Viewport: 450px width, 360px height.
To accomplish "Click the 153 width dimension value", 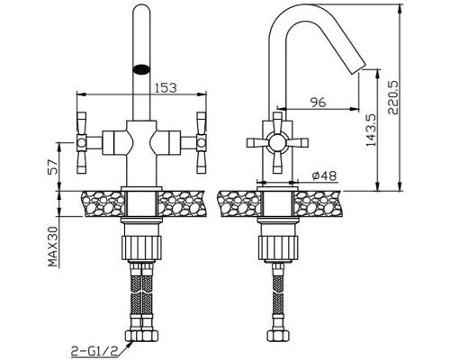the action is tap(166, 87).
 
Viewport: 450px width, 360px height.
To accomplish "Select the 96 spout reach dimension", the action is tap(318, 103).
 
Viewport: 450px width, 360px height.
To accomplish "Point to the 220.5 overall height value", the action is tap(392, 97).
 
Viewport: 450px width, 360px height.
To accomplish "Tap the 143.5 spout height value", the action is tap(371, 130).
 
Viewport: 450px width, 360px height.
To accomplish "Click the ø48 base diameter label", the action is tap(324, 176).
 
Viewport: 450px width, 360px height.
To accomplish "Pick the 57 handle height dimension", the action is tap(52, 166).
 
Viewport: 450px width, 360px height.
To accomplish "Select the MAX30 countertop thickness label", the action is tap(53, 247).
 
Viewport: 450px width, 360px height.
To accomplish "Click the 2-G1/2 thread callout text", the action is tap(93, 350).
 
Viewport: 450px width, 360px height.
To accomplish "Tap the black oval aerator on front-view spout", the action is tap(141, 69).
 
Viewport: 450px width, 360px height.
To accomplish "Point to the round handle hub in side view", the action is tap(277, 142).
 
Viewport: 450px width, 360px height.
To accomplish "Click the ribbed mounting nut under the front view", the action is tap(141, 247).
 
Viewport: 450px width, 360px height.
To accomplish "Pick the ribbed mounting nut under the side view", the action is tap(278, 247).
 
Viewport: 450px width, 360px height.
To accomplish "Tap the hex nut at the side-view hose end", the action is tap(278, 335).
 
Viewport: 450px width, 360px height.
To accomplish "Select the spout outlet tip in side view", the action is tap(357, 68).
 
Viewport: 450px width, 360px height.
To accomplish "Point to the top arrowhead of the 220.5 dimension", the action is tap(400, 10).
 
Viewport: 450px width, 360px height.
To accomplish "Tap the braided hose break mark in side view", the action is tap(278, 292).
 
